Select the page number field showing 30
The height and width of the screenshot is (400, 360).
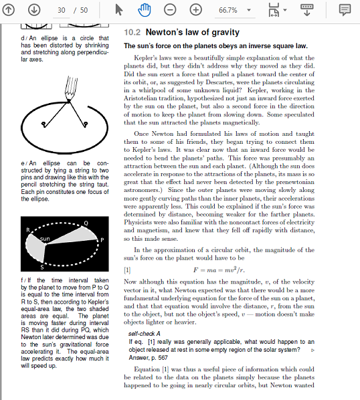point(62,11)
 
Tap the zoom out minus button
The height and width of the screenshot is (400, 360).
point(171,11)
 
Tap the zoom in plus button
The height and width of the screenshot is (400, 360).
point(196,11)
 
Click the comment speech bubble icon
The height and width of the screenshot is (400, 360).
point(345,11)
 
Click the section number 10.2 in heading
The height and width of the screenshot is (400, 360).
point(132,33)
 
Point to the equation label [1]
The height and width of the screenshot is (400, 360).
point(128,270)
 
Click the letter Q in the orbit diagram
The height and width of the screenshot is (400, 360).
point(86,222)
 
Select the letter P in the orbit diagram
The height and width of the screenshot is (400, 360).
point(102,239)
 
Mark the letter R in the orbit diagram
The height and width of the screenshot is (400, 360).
point(27,230)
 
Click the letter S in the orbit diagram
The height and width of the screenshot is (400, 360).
point(43,266)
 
